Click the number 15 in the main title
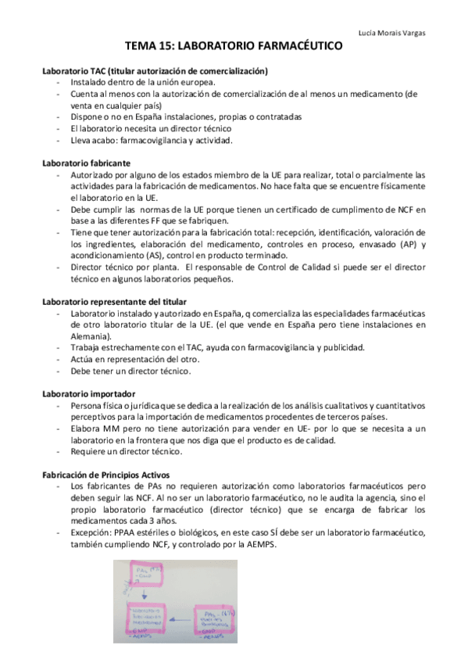click(x=177, y=48)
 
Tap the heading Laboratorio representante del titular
click(x=116, y=302)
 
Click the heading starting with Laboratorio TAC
click(x=155, y=71)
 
